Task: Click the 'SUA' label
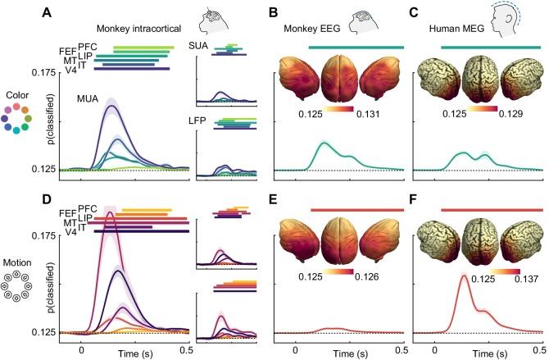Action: point(197,46)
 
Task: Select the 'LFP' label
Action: point(197,120)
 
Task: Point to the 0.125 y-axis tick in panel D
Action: point(40,332)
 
